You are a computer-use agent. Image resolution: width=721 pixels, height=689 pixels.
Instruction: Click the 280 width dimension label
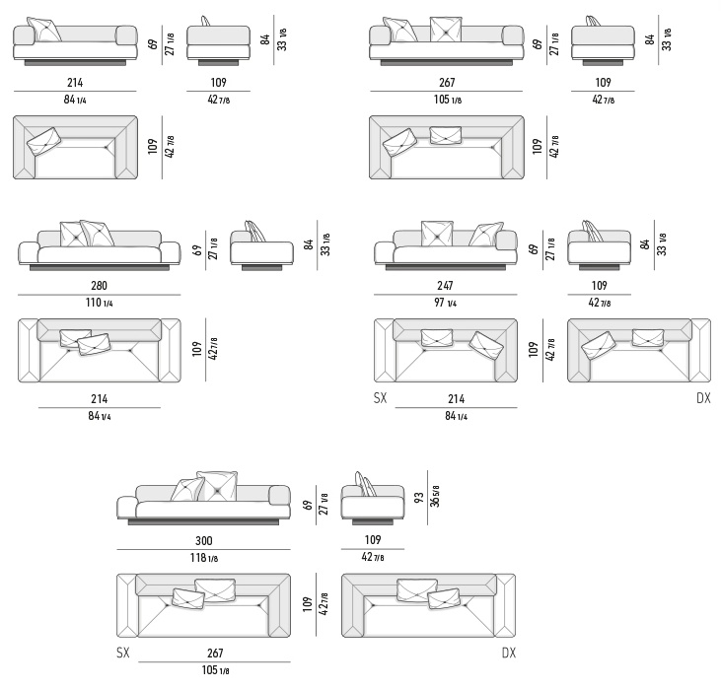click(x=100, y=286)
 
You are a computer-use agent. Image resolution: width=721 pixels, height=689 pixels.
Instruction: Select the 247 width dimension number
click(x=445, y=286)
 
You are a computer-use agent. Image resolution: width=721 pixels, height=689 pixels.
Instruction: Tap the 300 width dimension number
click(x=204, y=540)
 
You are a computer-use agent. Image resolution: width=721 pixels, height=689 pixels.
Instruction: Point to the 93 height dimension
click(x=419, y=498)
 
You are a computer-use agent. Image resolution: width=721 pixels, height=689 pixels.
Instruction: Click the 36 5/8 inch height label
click(x=435, y=496)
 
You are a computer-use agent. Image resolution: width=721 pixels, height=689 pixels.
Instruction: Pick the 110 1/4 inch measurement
click(x=100, y=303)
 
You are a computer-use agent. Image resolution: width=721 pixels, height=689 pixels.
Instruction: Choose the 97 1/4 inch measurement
click(x=445, y=303)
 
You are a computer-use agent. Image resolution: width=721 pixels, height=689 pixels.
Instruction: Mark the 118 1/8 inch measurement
click(x=204, y=558)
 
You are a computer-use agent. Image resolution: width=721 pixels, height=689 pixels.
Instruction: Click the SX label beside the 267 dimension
click(x=123, y=653)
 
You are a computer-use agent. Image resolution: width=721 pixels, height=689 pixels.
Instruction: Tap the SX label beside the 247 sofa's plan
click(x=381, y=398)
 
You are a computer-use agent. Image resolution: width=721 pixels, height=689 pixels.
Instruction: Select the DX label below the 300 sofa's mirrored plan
click(x=509, y=653)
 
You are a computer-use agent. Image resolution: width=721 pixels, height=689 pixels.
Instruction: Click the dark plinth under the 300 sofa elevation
click(x=203, y=521)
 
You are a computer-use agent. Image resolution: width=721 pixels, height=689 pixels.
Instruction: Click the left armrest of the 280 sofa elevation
click(x=28, y=252)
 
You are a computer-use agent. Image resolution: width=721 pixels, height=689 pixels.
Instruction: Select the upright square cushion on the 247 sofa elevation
click(x=437, y=234)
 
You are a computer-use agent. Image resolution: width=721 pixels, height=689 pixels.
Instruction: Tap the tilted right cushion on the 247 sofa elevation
click(x=486, y=235)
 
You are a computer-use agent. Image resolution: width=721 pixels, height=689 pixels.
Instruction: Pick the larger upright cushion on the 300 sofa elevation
click(x=217, y=486)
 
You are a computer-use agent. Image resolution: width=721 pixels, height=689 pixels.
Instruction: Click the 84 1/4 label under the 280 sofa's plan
click(x=100, y=416)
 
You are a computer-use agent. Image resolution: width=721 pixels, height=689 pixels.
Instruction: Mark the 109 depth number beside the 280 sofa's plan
click(x=197, y=349)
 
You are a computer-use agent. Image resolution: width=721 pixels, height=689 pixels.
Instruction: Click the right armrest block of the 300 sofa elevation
click(x=279, y=496)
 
